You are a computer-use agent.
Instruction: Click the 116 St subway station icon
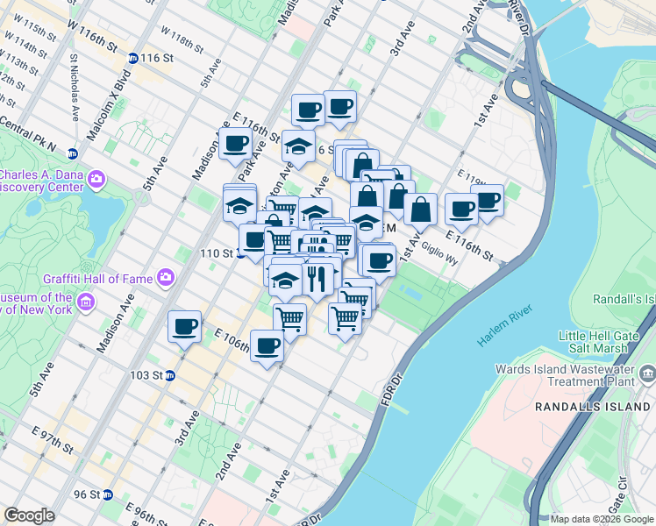click(x=132, y=58)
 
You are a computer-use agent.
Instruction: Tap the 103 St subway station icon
click(x=171, y=375)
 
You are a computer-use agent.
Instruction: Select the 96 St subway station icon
click(x=108, y=494)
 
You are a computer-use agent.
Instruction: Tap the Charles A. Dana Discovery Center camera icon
click(x=96, y=181)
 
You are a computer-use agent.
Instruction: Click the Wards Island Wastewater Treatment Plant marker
click(x=646, y=375)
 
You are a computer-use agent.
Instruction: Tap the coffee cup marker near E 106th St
click(x=267, y=345)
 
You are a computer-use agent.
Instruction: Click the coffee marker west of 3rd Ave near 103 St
click(x=184, y=326)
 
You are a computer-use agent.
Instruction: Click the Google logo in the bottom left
click(x=29, y=515)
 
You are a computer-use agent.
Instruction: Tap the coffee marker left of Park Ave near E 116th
click(x=235, y=144)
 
